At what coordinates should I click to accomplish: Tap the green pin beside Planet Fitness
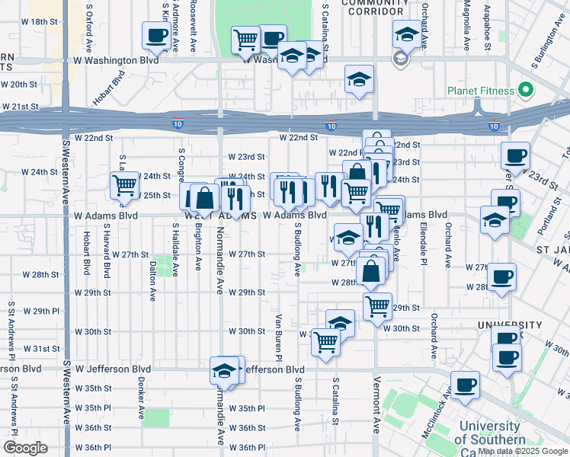click(x=525, y=91)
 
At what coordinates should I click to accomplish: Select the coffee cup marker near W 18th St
click(x=157, y=35)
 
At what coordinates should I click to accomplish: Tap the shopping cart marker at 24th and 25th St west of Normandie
click(x=124, y=184)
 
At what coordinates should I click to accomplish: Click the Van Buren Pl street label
click(x=279, y=337)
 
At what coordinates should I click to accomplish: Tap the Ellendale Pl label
click(x=421, y=248)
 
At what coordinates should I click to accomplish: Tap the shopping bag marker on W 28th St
click(x=370, y=270)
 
